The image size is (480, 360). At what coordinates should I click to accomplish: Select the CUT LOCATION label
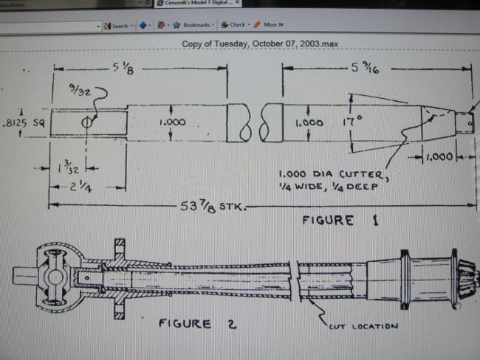click(x=361, y=325)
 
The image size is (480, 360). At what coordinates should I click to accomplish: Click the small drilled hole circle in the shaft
click(x=88, y=122)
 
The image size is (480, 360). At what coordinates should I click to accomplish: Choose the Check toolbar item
click(x=237, y=24)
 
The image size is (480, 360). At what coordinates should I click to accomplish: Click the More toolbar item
click(x=270, y=24)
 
